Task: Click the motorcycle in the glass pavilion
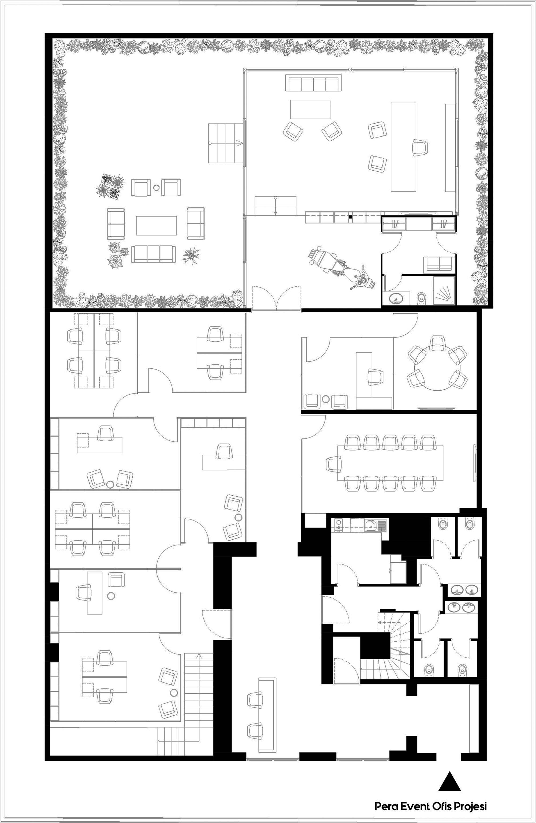click(342, 268)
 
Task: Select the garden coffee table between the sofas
click(157, 226)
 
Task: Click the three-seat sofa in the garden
click(153, 254)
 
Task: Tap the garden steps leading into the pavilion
click(225, 143)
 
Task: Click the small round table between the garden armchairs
click(157, 188)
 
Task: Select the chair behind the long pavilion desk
click(419, 148)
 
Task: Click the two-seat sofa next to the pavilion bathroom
click(439, 264)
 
